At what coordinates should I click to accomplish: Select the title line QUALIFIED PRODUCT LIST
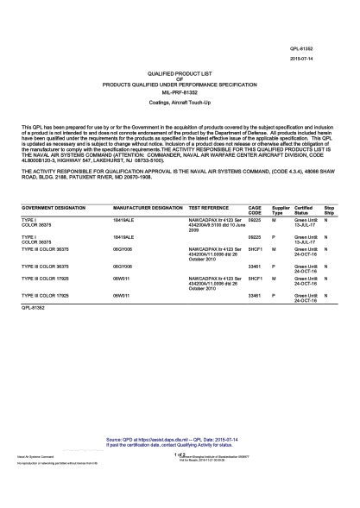(179, 76)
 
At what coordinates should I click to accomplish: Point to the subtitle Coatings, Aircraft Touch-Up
(179, 110)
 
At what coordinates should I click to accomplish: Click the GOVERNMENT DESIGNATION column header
(54, 209)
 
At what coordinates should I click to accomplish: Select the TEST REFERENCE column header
(208, 209)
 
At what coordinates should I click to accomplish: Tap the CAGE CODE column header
(255, 211)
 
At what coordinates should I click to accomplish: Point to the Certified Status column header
(303, 211)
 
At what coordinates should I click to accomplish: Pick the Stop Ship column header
(329, 211)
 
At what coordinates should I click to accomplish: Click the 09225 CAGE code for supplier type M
(254, 221)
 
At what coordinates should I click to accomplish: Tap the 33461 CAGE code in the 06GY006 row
(254, 267)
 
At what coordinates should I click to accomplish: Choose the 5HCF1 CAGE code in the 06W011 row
(255, 280)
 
